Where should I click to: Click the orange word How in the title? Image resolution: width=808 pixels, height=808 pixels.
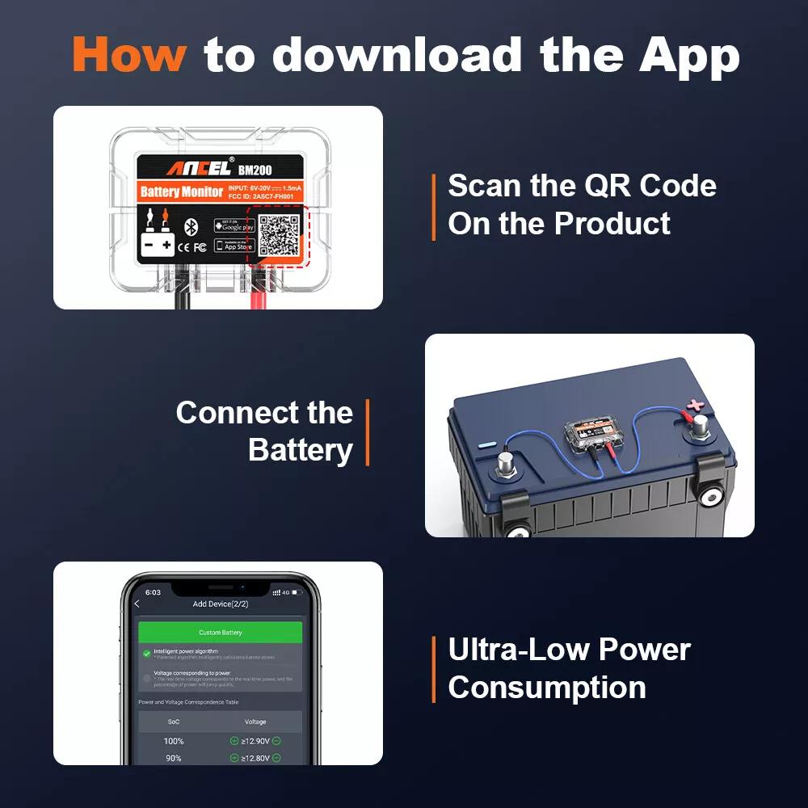pos(129,54)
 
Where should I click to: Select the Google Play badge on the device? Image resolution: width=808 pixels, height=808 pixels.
pos(234,225)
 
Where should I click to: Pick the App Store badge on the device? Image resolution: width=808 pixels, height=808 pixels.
pos(234,246)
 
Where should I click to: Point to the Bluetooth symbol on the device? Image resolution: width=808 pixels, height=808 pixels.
pos(191,226)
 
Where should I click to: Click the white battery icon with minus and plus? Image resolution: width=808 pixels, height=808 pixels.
pos(157,245)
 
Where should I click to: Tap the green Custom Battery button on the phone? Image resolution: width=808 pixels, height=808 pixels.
pos(220,632)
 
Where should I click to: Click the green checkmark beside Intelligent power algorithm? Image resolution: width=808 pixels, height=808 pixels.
pos(146,653)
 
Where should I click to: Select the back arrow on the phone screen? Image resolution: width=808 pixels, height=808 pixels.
pos(137,604)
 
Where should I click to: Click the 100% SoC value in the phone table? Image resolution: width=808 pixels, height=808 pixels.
pos(173,741)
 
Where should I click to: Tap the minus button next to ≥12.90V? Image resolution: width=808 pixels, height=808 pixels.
pos(277,741)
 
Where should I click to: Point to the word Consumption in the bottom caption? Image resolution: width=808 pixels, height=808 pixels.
pos(547,688)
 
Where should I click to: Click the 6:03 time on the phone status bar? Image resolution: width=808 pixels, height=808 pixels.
pos(153,592)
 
